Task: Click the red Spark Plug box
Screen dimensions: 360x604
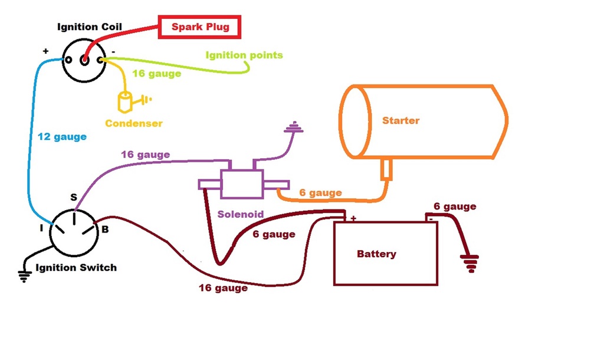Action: point(200,27)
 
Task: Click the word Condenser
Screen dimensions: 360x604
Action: point(133,123)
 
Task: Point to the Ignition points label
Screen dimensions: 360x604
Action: point(244,55)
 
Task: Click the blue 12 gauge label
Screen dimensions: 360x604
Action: point(61,137)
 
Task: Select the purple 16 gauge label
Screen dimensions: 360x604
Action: point(145,155)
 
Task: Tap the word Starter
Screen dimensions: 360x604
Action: point(401,120)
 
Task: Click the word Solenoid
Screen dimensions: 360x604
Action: point(240,214)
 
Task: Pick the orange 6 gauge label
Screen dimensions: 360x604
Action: point(320,192)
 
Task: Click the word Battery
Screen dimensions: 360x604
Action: point(376,254)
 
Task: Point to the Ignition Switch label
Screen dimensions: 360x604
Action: point(76,267)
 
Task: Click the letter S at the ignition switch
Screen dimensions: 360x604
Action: point(74,198)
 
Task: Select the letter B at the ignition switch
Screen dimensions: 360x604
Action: point(105,229)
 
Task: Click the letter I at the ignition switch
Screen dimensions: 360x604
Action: point(41,228)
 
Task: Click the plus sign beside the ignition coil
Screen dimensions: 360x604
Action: point(45,51)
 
